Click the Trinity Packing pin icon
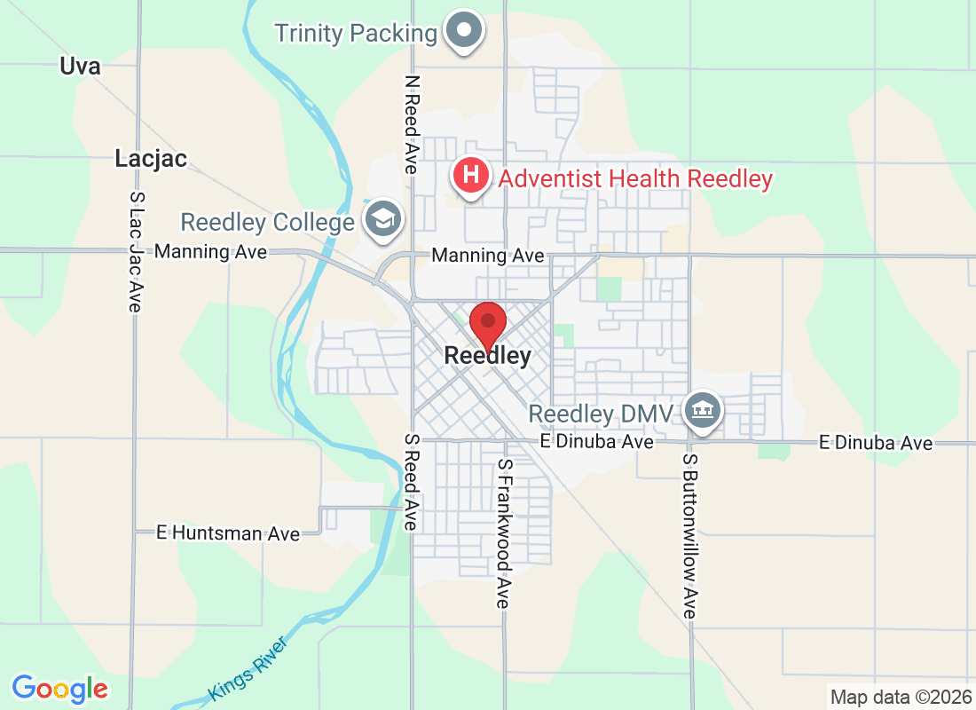464,32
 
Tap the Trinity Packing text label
356,34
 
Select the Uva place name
80,66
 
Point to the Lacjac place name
151,159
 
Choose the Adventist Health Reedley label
635,178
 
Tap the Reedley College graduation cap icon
384,221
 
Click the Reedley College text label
267,222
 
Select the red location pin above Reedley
487,324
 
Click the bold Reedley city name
487,357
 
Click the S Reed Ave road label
411,482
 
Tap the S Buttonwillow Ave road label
690,537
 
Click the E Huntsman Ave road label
228,533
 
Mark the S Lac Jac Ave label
136,252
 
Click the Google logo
60,688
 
